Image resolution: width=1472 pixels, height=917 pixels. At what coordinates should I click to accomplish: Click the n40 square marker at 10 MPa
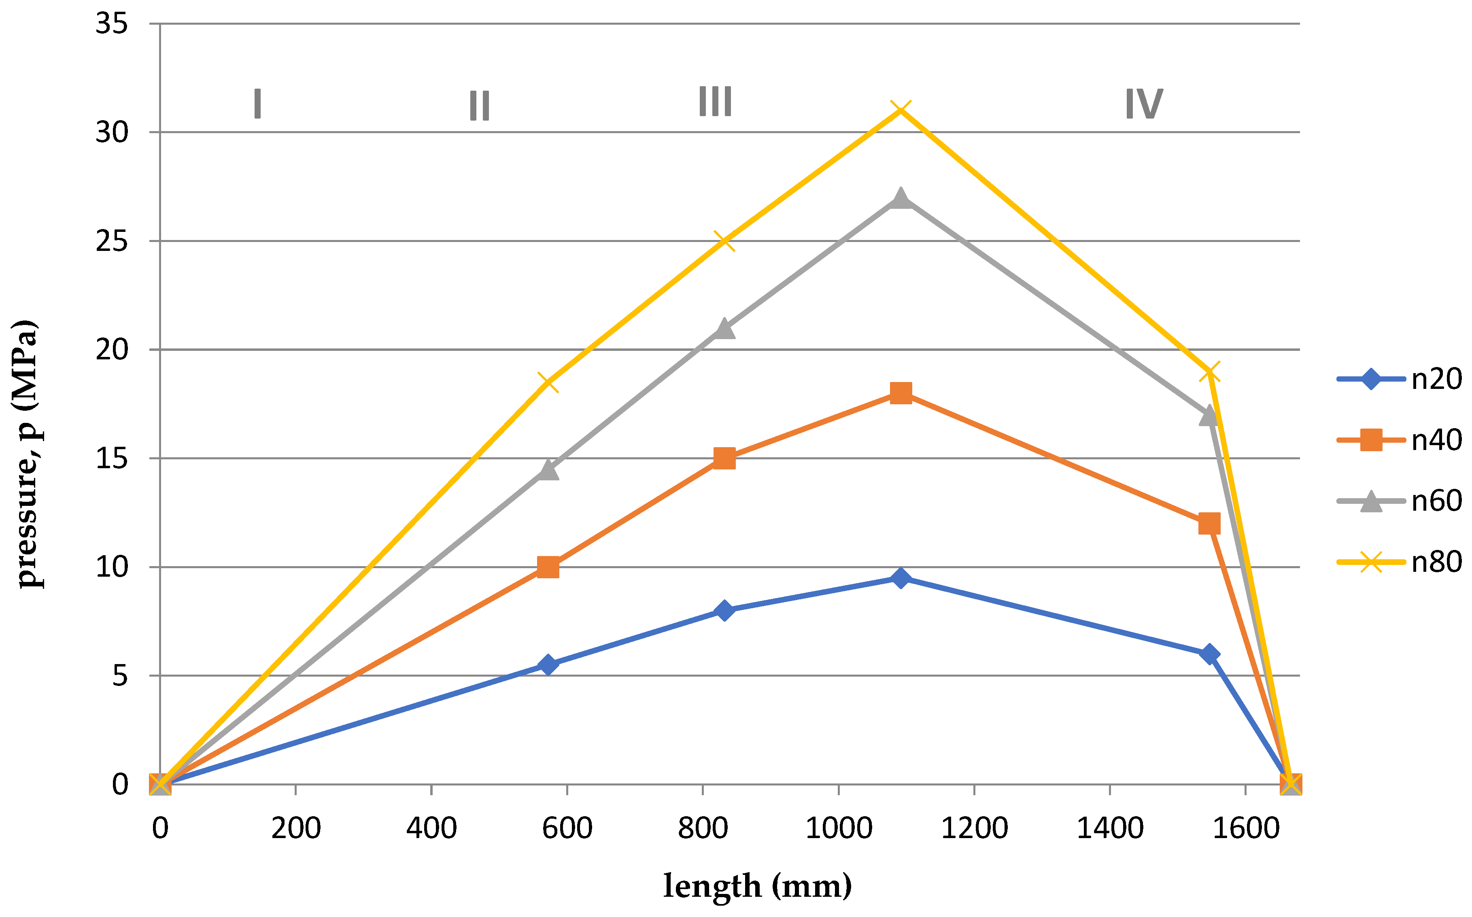tap(548, 567)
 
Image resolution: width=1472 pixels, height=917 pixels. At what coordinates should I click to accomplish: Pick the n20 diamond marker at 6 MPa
tap(1209, 654)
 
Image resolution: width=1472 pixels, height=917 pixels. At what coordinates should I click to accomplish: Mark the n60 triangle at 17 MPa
tap(1209, 416)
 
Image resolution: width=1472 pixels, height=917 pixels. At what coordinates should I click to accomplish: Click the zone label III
tap(715, 102)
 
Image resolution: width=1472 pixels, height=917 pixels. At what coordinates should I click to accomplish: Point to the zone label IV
tap(1144, 104)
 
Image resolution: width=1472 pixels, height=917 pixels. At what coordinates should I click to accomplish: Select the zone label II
tap(479, 106)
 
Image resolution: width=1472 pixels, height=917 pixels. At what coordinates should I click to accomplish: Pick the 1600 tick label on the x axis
tap(1245, 828)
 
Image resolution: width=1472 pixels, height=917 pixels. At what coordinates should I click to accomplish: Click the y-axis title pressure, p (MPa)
tap(27, 454)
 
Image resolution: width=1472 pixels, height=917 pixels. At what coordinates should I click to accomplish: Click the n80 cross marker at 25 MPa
tap(724, 241)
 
